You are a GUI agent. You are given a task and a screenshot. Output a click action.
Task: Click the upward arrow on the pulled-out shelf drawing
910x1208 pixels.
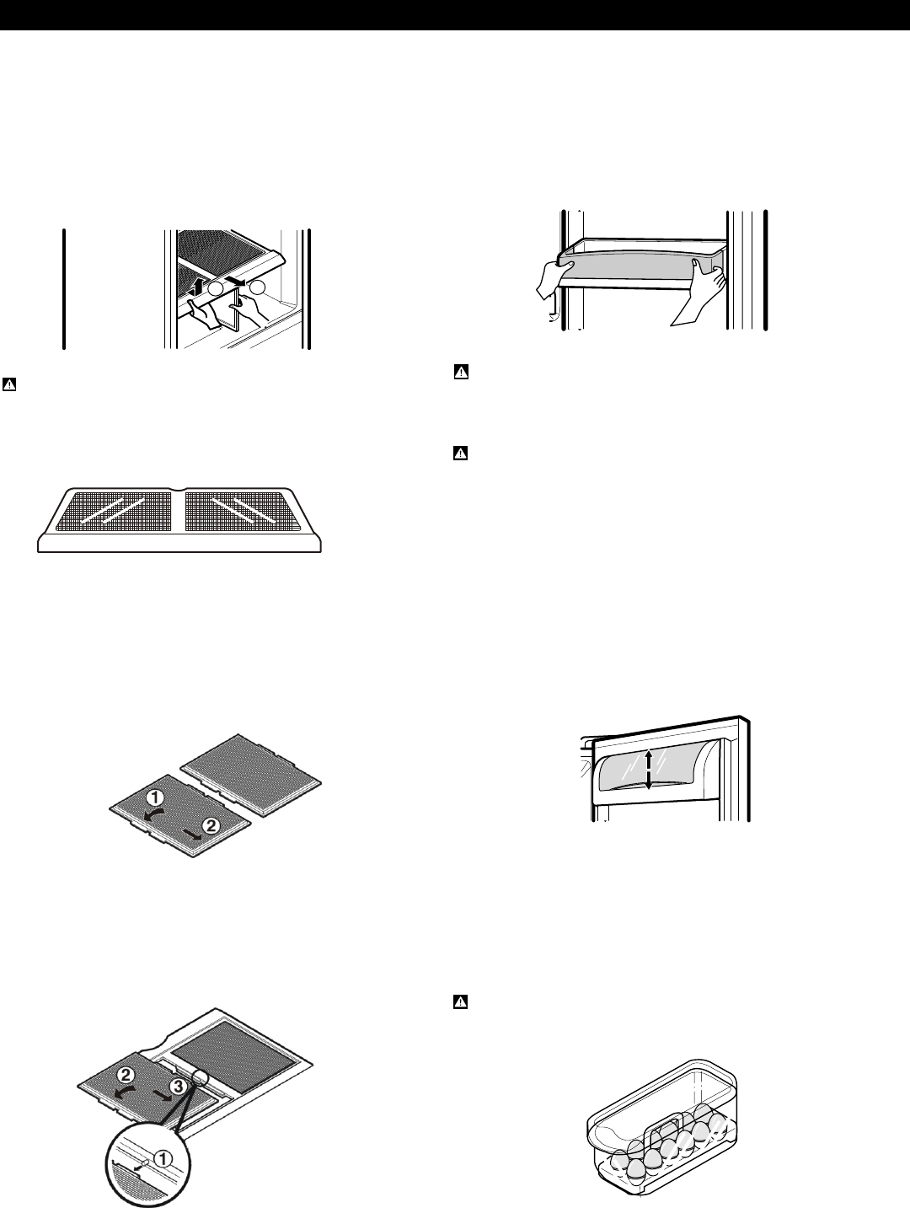[200, 281]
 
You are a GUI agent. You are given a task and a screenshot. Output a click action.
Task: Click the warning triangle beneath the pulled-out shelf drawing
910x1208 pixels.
[8, 385]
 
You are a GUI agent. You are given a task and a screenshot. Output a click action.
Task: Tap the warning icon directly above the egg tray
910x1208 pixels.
[461, 1002]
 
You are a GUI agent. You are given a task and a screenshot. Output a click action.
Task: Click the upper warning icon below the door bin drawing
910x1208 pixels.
[461, 371]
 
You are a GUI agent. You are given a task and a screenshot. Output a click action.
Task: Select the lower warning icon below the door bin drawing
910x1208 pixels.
[461, 454]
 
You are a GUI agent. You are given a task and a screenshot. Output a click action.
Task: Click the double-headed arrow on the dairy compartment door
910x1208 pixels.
[648, 770]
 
